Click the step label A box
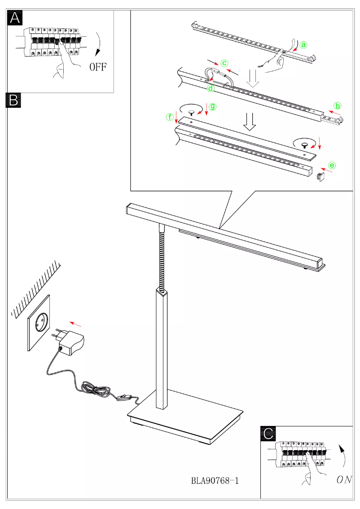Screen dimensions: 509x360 coord(15,18)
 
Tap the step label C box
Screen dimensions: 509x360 coord(268,433)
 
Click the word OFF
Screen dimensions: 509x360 coord(98,68)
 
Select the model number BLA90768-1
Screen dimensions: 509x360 coord(215,481)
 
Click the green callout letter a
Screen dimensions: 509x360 coord(303,45)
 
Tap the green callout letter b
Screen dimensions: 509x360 coord(338,106)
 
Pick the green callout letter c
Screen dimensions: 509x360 coord(225,63)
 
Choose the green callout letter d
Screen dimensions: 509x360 coord(211,88)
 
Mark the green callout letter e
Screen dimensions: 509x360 coord(332,165)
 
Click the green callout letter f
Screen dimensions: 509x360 coord(170,118)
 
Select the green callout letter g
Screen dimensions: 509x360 coord(213,107)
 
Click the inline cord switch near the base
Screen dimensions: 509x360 coord(124,398)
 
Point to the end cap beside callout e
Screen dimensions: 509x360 coord(320,177)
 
